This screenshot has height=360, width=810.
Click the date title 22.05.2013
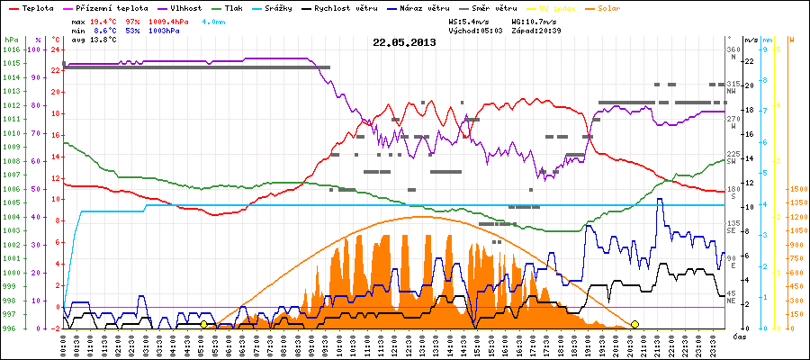404,42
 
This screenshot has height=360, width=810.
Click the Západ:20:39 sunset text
537,30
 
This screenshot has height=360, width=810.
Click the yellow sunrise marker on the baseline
203,324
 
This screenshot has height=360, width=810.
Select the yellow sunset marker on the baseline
635,324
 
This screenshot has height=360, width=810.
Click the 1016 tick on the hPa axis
10,50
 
